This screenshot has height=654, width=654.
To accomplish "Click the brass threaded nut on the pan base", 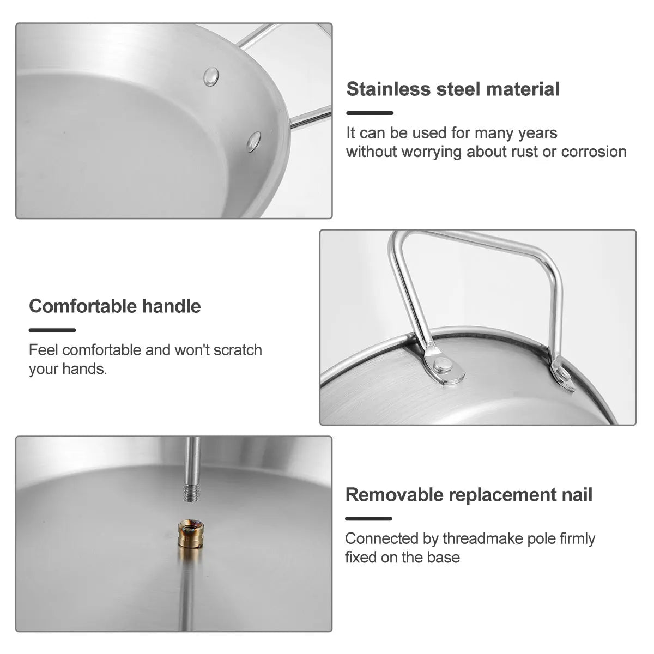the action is click(190, 534).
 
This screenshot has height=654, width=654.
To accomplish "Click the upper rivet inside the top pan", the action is click(211, 77).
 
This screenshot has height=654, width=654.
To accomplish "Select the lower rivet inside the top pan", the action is click(254, 141).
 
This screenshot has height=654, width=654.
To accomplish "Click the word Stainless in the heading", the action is click(389, 89).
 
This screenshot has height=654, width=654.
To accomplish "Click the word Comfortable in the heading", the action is click(82, 306).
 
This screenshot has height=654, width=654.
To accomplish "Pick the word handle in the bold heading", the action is click(171, 306).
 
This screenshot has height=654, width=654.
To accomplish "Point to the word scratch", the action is click(238, 350).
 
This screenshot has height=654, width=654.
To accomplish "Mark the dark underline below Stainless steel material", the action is click(370, 113).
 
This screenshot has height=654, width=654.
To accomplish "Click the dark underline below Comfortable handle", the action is click(52, 330).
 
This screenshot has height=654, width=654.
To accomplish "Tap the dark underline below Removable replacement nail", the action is click(368, 519).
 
